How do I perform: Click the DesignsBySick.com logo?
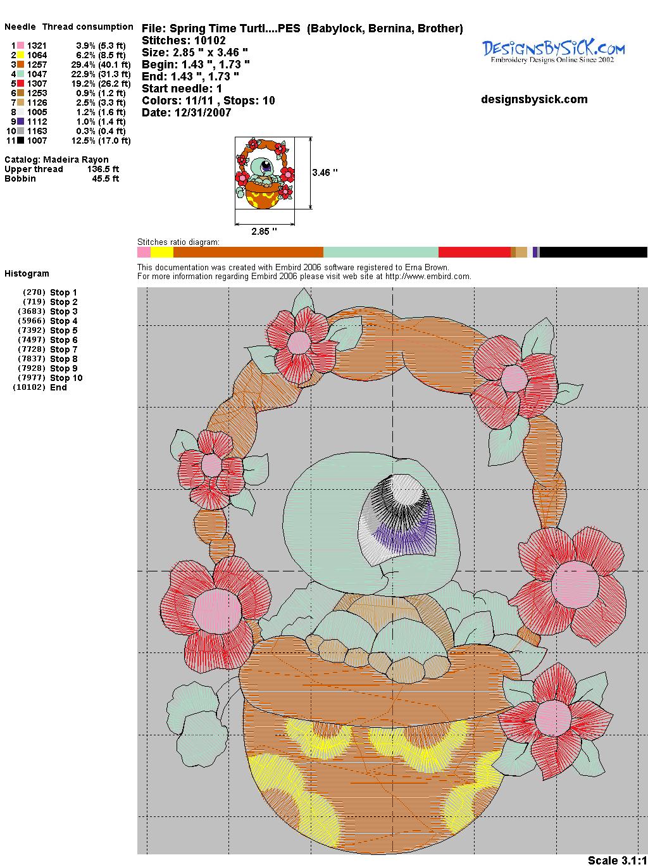(x=553, y=52)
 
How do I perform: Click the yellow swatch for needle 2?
(x=20, y=55)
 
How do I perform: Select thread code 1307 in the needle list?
(x=37, y=84)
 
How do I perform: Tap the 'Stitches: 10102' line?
(x=184, y=41)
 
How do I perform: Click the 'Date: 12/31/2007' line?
(x=187, y=113)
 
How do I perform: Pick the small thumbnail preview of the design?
(x=265, y=173)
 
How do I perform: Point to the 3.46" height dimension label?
(x=325, y=172)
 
